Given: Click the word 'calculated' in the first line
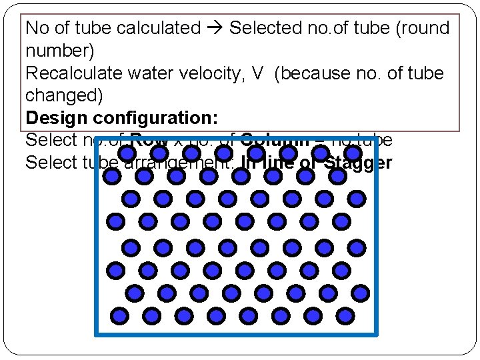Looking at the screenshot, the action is coord(158,28).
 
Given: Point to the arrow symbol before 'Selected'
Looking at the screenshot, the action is coord(215,28).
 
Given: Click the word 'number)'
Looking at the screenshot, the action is coord(59,51).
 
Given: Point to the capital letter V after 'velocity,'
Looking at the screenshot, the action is coord(258,73).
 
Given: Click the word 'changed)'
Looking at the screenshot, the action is coord(64,95).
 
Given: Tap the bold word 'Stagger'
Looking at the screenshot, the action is coord(358,163).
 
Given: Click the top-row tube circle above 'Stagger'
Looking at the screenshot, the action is coord(353,153).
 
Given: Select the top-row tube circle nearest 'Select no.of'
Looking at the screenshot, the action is coord(126,153).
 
